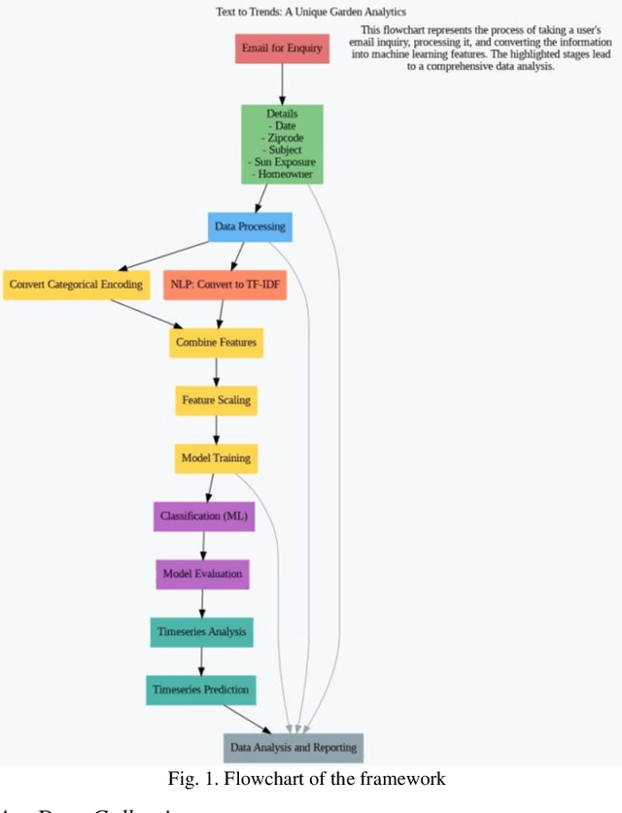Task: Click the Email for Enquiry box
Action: pos(282,49)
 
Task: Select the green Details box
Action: pos(282,144)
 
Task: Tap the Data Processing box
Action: pos(249,227)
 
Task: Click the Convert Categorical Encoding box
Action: pos(76,285)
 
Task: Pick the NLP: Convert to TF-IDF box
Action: pos(225,285)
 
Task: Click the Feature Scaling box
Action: pos(216,400)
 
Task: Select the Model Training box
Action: pos(216,457)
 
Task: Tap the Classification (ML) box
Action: pos(204,516)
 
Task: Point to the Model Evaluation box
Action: pos(202,574)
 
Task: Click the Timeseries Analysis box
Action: pos(202,631)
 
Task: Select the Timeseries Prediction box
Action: pos(201,690)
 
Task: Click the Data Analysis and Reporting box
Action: pos(293,748)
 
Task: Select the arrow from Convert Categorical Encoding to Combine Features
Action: pos(146,314)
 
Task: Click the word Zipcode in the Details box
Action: pos(282,138)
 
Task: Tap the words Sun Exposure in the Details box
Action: pos(282,162)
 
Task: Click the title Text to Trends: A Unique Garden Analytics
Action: pos(311,12)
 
